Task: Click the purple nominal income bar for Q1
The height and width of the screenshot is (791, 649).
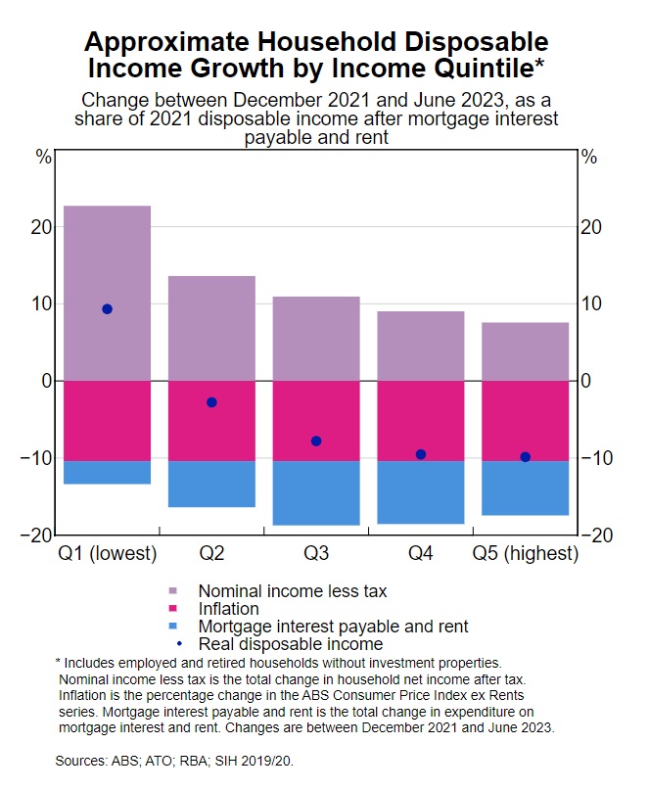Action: click(x=107, y=293)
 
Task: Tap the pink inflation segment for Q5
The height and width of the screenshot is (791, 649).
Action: click(x=526, y=421)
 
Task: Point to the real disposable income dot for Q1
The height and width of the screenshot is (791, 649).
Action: click(x=107, y=309)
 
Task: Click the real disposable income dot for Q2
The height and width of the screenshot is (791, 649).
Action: click(x=211, y=402)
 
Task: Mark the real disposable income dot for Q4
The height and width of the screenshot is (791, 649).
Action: click(x=421, y=454)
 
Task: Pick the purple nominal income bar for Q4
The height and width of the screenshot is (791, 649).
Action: click(x=421, y=346)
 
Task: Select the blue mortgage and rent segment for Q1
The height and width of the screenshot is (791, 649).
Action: click(x=107, y=472)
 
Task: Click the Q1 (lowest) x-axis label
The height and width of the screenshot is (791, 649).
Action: click(x=107, y=554)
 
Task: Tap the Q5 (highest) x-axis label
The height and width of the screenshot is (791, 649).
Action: click(x=526, y=554)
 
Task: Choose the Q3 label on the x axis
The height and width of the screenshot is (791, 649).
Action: click(x=316, y=554)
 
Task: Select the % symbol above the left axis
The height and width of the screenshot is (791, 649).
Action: click(x=43, y=157)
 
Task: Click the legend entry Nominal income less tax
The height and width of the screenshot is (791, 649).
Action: click(x=292, y=591)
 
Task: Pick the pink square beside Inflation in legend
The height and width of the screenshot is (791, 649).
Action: click(x=173, y=609)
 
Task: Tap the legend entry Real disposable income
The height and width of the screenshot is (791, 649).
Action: click(x=290, y=644)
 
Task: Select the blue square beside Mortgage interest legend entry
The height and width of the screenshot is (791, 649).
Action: click(x=173, y=627)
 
